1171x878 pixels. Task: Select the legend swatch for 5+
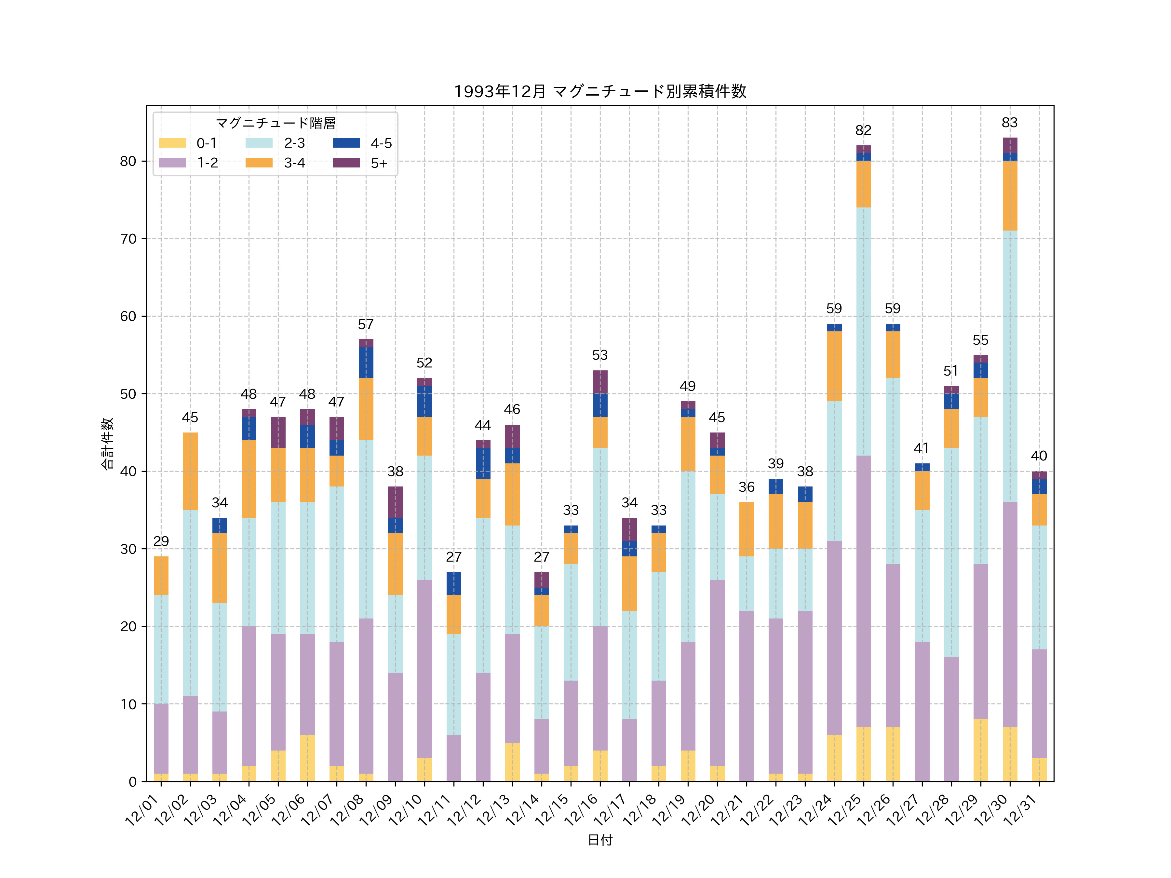[x=346, y=163]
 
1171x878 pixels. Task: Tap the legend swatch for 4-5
[x=346, y=143]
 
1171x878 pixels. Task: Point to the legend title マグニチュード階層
[x=275, y=123]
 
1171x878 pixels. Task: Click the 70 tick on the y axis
[x=128, y=239]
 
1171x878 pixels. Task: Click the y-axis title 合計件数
[x=107, y=444]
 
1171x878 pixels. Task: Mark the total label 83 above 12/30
[x=1010, y=123]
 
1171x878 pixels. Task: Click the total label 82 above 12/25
[x=863, y=130]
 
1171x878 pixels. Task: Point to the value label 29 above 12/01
[x=161, y=541]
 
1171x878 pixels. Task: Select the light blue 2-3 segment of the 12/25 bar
[x=863, y=331]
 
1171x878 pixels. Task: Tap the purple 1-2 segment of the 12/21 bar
[x=747, y=696]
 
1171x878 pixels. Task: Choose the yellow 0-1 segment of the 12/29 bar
[x=980, y=751]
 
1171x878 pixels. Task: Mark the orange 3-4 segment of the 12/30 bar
[x=1010, y=196]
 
